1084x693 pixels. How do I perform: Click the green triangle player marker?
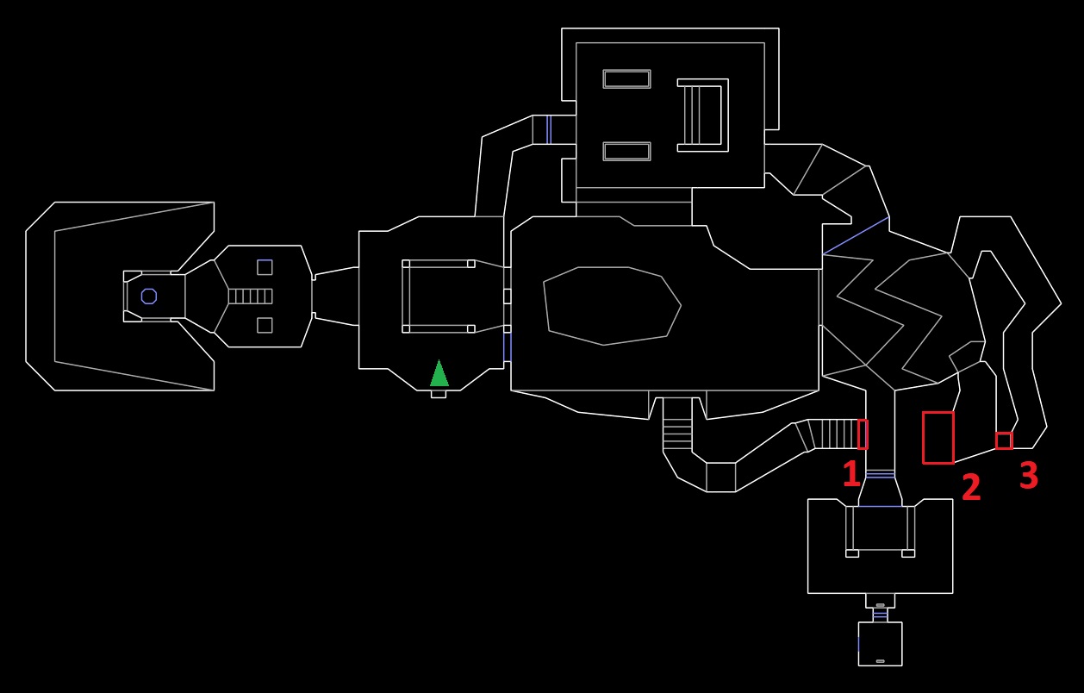click(439, 373)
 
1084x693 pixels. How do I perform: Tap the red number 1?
click(851, 473)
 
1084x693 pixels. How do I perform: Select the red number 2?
click(971, 486)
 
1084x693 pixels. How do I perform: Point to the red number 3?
click(1029, 475)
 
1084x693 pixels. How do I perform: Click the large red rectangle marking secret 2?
click(938, 438)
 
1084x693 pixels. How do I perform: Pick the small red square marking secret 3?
click(1004, 440)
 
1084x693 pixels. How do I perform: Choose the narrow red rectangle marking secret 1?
click(863, 434)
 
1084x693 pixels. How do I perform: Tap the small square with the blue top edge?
click(265, 267)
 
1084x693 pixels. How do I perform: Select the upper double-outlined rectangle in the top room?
click(626, 79)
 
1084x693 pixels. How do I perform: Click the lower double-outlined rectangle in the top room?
click(626, 152)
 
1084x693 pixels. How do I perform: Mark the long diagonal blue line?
click(856, 236)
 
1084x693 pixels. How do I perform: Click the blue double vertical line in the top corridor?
click(549, 129)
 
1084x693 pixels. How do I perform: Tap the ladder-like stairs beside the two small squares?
click(250, 297)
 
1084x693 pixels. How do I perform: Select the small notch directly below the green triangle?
click(439, 395)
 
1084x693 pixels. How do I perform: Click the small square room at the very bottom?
click(881, 644)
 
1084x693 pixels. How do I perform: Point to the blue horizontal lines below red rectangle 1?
click(881, 474)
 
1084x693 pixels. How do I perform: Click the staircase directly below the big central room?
click(677, 424)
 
